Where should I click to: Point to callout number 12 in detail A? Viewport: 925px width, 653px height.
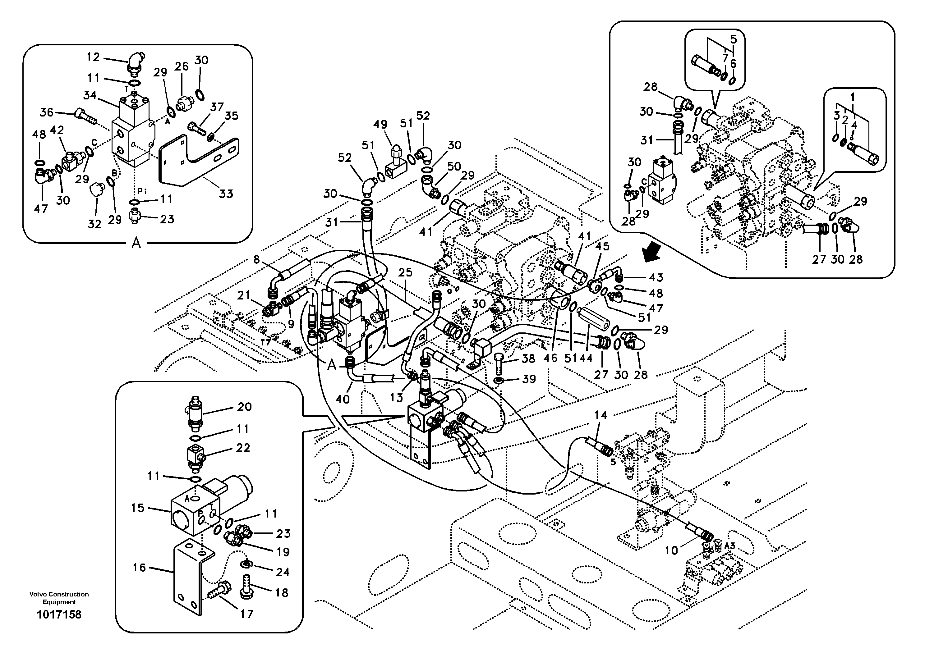tap(93, 57)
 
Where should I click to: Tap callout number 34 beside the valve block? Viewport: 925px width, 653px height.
tap(90, 95)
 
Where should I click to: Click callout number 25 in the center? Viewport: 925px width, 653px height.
tap(405, 272)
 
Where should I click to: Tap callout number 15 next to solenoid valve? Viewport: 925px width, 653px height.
tap(137, 508)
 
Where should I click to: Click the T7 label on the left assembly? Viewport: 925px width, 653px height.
tap(265, 342)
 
